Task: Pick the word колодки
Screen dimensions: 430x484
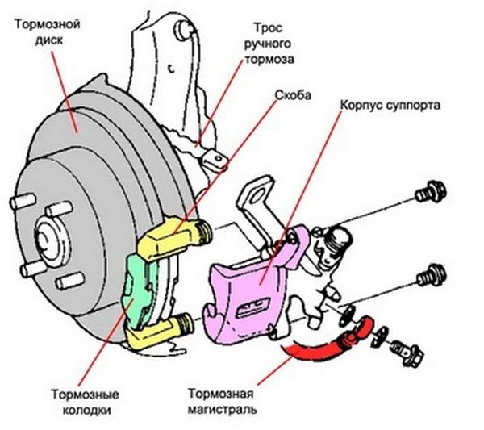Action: point(84,410)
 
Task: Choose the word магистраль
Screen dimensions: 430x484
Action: point(222,410)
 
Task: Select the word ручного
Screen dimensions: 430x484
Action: point(268,44)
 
